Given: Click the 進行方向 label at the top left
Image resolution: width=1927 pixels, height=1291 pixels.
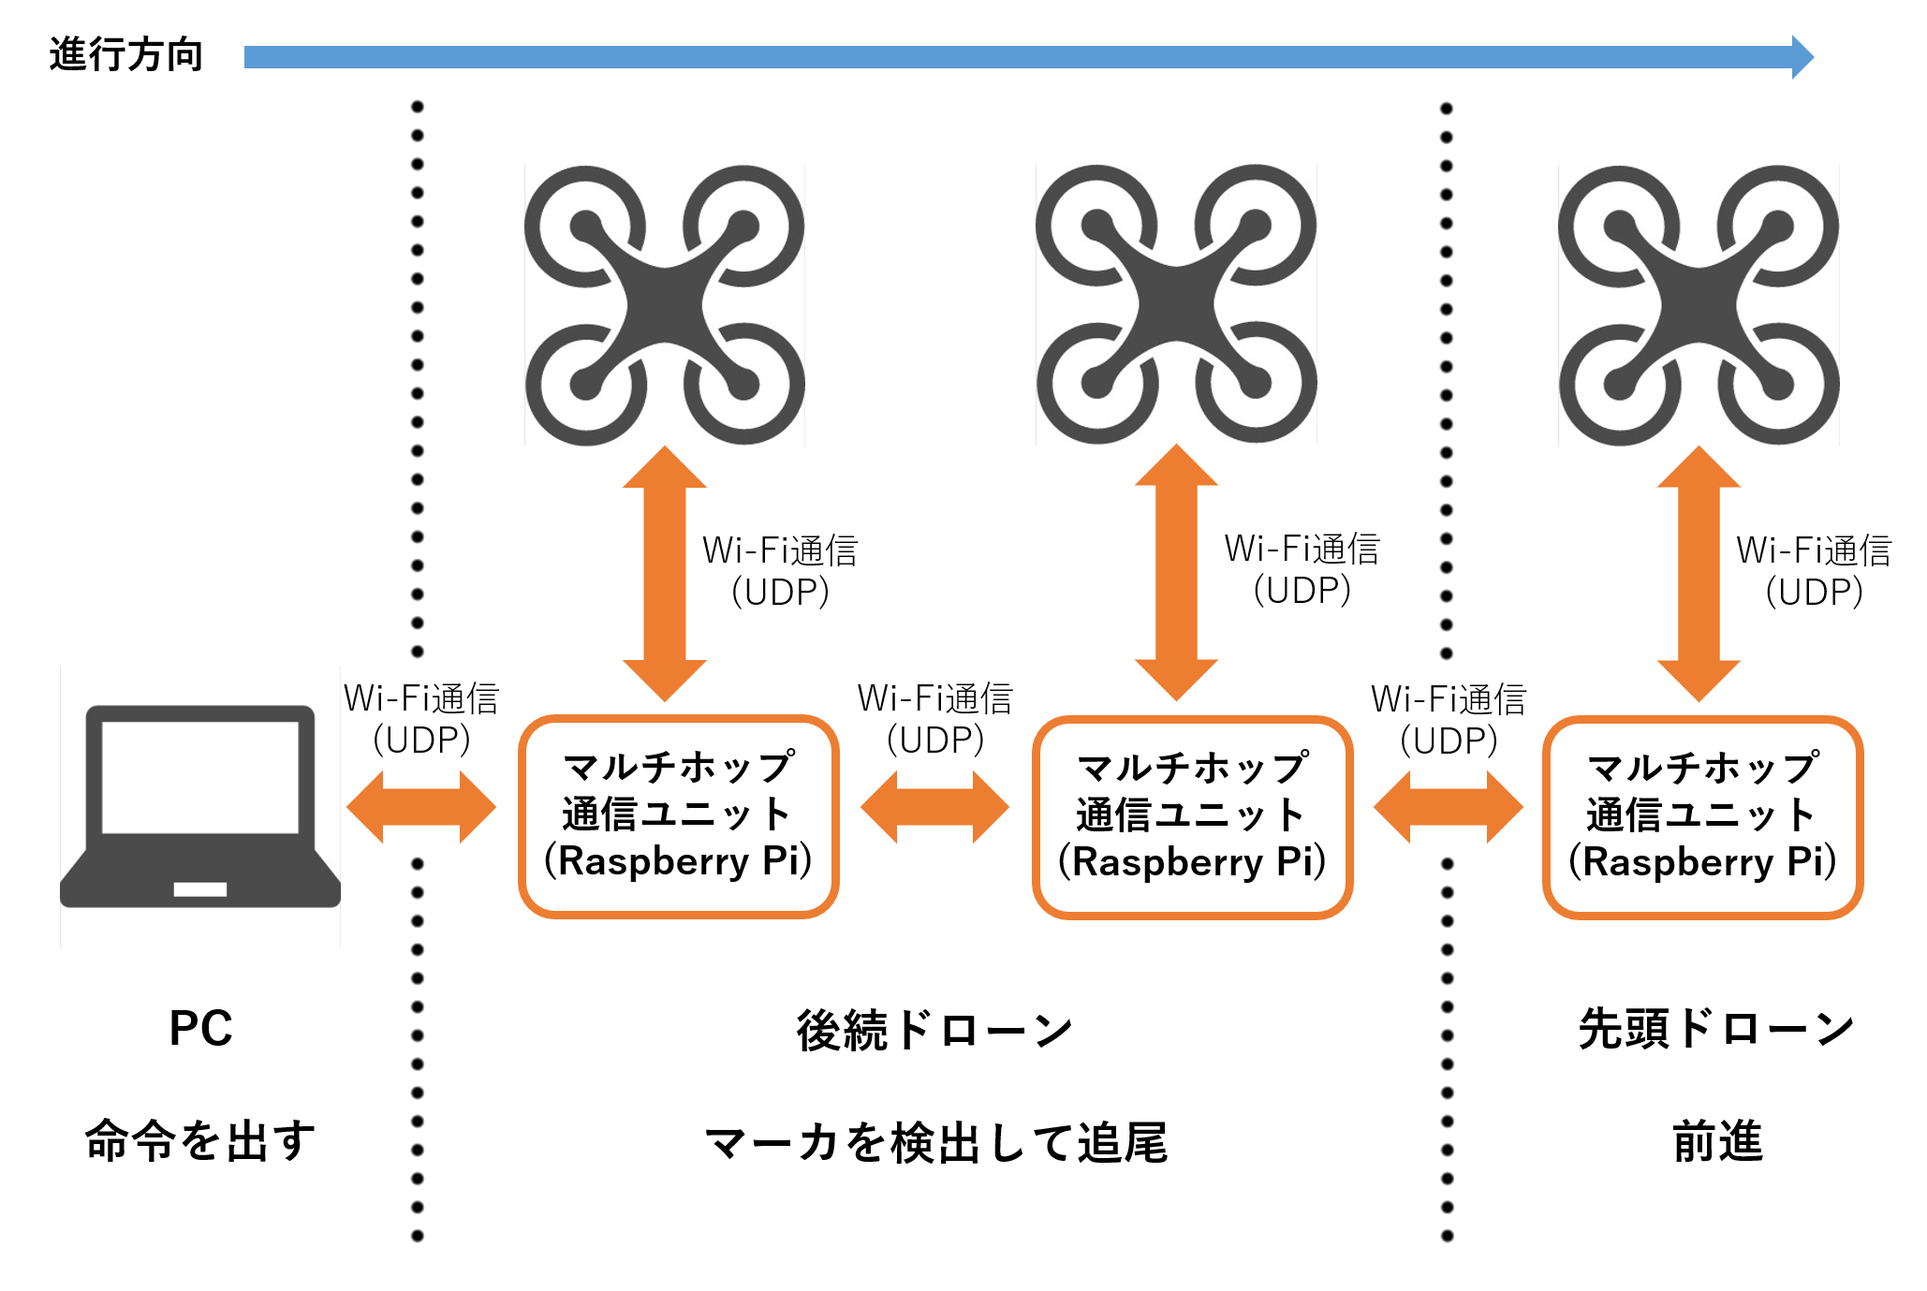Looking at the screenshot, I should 125,54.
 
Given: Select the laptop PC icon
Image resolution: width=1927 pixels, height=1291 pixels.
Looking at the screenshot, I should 199,805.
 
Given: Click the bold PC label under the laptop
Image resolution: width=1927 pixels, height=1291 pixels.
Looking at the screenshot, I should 200,1028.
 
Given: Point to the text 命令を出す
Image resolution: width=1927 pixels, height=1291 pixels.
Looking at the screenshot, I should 200,1140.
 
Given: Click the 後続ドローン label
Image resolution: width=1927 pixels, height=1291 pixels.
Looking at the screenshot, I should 934,1030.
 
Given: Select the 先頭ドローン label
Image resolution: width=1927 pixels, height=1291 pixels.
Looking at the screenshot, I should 1716,1028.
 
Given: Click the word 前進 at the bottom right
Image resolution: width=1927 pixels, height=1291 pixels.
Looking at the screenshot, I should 1717,1141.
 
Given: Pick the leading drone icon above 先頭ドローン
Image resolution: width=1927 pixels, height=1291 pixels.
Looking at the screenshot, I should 1699,305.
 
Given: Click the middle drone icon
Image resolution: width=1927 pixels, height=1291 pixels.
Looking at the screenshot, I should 1176,304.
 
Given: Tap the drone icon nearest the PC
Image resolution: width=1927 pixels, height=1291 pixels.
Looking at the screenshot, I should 664,305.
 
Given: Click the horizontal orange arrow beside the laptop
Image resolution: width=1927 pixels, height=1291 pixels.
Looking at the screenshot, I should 421,807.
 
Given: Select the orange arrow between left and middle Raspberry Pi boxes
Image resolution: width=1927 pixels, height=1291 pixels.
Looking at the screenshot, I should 934,807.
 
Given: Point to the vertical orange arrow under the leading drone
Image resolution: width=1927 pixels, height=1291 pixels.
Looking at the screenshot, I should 1699,573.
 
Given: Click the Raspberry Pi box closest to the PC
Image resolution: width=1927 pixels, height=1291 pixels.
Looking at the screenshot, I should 678,816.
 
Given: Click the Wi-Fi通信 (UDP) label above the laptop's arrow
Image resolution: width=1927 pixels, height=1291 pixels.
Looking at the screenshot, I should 421,719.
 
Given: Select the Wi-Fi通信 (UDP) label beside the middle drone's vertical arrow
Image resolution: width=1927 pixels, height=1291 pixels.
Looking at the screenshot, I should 1302,569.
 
